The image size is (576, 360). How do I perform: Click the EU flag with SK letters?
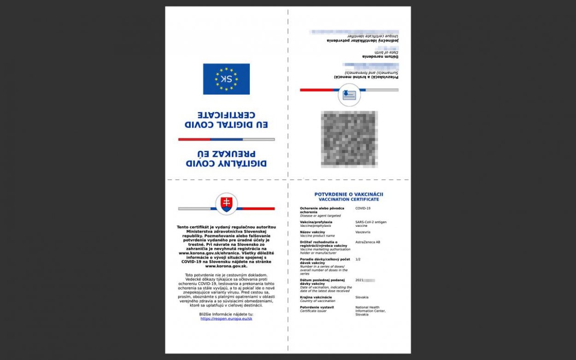(226, 79)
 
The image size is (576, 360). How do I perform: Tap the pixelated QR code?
(349, 139)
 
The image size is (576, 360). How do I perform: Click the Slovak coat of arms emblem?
(226, 204)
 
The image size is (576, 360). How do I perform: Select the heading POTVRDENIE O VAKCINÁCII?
(349, 195)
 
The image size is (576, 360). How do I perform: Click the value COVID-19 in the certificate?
(363, 208)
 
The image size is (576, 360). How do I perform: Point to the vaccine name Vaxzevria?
(364, 232)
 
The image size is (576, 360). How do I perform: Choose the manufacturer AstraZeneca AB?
(368, 242)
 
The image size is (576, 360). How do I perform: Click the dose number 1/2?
(358, 260)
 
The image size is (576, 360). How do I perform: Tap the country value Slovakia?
(362, 297)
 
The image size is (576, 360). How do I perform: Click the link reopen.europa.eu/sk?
(226, 319)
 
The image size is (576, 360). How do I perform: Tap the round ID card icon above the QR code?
(349, 95)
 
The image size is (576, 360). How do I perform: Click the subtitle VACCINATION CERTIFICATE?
(349, 200)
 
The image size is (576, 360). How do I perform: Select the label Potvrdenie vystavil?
(317, 307)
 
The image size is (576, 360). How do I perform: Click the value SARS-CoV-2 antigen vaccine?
(371, 224)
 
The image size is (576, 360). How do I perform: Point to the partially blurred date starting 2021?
(365, 280)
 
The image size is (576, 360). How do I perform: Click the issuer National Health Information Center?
(370, 310)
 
